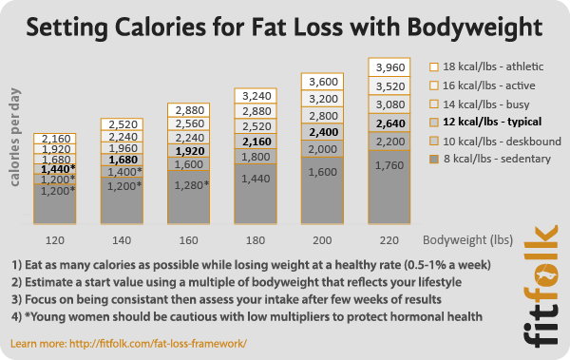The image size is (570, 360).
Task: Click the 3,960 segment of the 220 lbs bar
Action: pos(391,67)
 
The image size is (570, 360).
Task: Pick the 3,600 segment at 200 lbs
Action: pos(324,82)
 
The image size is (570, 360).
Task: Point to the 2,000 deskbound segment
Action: pos(324,149)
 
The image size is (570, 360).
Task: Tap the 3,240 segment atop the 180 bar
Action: pos(256,96)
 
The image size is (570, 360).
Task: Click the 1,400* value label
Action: pos(123,173)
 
